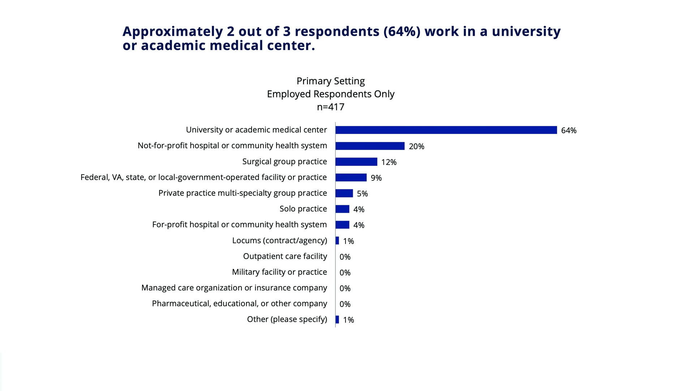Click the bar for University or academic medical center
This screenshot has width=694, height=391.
[446, 130]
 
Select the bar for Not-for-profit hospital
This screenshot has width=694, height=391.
[370, 146]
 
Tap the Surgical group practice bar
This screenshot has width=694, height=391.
[356, 162]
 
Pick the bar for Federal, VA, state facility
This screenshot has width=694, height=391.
[351, 177]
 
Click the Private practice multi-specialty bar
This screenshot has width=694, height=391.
[344, 193]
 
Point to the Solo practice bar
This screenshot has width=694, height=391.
[342, 209]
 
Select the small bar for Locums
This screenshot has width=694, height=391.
[337, 241]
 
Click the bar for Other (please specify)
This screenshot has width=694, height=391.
[337, 320]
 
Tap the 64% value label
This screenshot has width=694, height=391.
[569, 130]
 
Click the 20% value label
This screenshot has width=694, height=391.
[416, 146]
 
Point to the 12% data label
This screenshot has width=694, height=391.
[389, 162]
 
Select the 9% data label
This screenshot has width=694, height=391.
[376, 178]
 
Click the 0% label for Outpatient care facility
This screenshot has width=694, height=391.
[345, 257]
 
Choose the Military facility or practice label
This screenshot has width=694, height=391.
[279, 272]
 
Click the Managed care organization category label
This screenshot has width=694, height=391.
[234, 288]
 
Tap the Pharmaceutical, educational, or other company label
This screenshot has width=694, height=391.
[239, 303]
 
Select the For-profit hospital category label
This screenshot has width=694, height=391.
[239, 224]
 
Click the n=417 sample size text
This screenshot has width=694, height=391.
[330, 107]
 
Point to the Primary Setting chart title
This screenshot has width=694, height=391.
[330, 81]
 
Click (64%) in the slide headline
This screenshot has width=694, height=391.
[402, 31]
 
